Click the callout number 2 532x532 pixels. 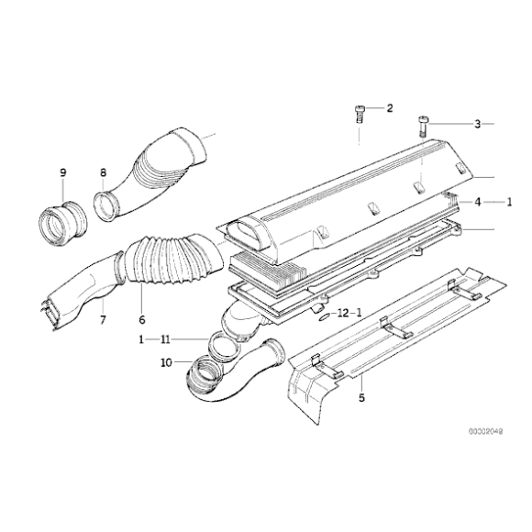389,108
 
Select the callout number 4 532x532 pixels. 467,201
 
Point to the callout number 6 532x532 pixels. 141,320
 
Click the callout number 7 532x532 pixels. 103,320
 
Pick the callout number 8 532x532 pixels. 103,172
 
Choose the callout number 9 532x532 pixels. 63,172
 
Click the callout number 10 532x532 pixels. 167,363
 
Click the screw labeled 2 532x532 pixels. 360,115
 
